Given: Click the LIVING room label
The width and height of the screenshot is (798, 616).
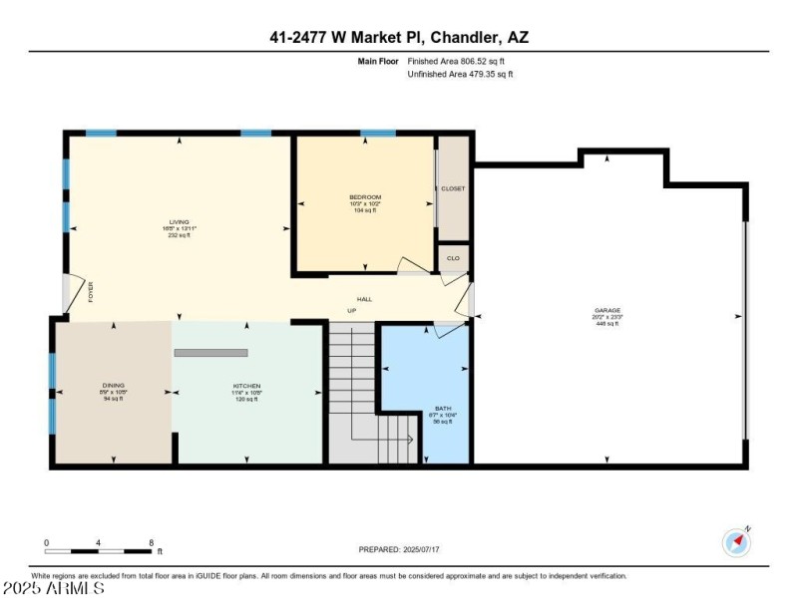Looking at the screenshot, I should (x=180, y=222).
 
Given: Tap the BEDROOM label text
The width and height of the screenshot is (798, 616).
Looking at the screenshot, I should (x=365, y=197).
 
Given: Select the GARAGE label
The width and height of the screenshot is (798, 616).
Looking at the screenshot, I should (x=607, y=311).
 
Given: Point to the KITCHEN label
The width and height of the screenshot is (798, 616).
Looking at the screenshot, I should (x=247, y=386).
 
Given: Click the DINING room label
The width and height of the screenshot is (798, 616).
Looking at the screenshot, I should (x=113, y=386).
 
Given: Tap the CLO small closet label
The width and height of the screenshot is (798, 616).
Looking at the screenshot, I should (x=453, y=258).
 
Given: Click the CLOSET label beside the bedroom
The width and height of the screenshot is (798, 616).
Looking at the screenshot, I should (x=454, y=187).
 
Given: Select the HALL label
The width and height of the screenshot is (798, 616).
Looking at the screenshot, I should (x=365, y=299).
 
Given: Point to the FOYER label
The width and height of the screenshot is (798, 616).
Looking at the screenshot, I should (x=90, y=292).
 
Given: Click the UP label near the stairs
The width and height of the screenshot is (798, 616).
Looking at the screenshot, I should (x=351, y=311).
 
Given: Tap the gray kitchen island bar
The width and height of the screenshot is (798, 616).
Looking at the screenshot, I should (x=210, y=353).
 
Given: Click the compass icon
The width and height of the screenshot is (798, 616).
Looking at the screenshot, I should (x=736, y=542).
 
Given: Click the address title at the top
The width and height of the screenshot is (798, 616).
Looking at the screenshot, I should (x=399, y=37).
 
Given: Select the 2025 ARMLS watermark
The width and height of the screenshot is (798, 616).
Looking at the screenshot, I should (x=53, y=589).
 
